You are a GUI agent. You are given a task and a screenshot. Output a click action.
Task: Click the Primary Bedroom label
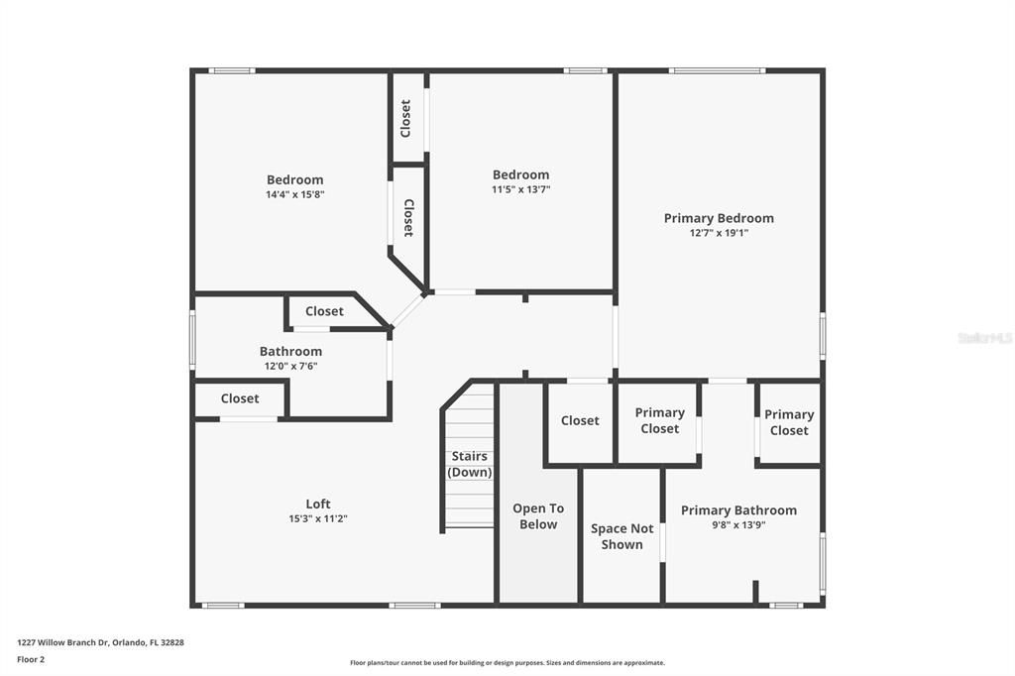pyautogui.click(x=719, y=218)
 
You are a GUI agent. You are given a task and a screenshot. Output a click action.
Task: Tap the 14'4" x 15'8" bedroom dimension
pyautogui.click(x=294, y=194)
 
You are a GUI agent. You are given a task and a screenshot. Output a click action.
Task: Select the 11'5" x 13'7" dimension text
pyautogui.click(x=520, y=189)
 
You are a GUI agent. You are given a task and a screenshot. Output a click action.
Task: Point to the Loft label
pyautogui.click(x=318, y=504)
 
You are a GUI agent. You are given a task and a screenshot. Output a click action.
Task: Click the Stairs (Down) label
pyautogui.click(x=469, y=464)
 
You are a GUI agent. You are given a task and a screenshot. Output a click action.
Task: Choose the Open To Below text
pyautogui.click(x=538, y=516)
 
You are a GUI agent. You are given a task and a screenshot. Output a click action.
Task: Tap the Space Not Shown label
pyautogui.click(x=621, y=536)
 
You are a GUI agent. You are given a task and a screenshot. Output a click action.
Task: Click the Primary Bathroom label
pyautogui.click(x=738, y=510)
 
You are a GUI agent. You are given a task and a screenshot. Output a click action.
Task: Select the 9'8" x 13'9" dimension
pyautogui.click(x=738, y=525)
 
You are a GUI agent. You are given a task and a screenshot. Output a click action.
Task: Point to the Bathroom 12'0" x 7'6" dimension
pyautogui.click(x=290, y=366)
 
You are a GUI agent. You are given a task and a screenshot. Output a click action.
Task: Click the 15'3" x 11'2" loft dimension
pyautogui.click(x=318, y=518)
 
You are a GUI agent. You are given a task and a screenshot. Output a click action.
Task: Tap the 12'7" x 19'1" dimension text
pyautogui.click(x=719, y=233)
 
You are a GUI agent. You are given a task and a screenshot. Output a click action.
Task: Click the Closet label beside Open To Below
pyautogui.click(x=579, y=420)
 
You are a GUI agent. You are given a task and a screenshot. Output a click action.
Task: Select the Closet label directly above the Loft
pyautogui.click(x=240, y=398)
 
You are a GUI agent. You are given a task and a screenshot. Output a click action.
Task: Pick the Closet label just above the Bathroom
pyautogui.click(x=324, y=311)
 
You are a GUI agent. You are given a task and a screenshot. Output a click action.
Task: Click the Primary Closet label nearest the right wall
pyautogui.click(x=788, y=422)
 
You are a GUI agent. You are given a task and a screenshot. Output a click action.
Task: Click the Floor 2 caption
pyautogui.click(x=31, y=660)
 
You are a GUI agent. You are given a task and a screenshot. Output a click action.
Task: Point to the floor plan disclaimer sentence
pyautogui.click(x=507, y=662)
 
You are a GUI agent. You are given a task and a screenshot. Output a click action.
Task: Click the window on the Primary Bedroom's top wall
pyautogui.click(x=718, y=70)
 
